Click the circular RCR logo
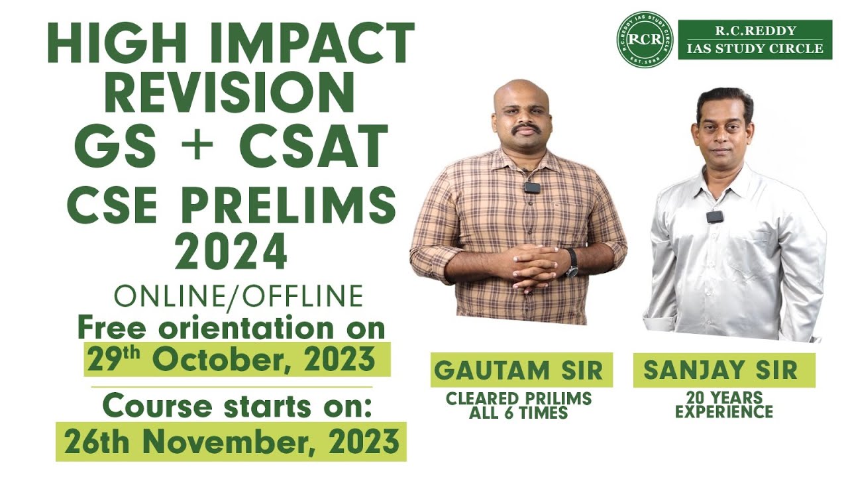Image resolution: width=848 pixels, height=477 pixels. [x=644, y=40]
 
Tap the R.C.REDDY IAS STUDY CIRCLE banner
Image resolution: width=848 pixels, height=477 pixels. [x=755, y=40]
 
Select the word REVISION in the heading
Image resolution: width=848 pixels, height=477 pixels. [x=229, y=93]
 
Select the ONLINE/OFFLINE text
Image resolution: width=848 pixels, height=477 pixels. [x=238, y=296]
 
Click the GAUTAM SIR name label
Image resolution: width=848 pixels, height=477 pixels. [x=521, y=370]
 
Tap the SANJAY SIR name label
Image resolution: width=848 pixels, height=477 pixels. [x=724, y=370]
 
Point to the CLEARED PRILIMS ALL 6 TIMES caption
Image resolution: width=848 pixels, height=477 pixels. [x=519, y=405]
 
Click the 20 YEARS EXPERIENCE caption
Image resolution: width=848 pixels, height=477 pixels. [x=723, y=404]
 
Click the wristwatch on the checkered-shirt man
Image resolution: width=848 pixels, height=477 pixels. [x=571, y=263]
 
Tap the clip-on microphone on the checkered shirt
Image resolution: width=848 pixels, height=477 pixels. [x=531, y=187]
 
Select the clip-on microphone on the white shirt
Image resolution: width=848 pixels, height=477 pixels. [x=714, y=217]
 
